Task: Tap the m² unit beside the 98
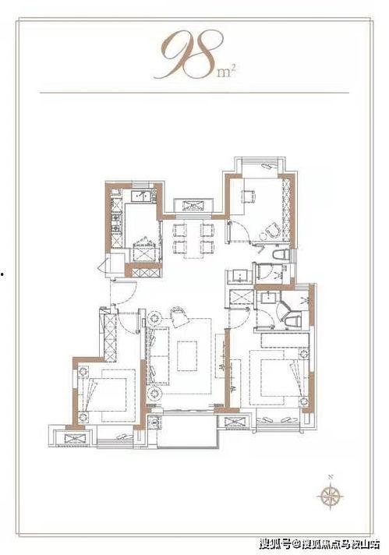pyautogui.click(x=227, y=71)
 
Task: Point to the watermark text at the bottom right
pyautogui.click(x=320, y=543)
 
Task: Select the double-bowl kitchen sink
pyautogui.click(x=140, y=196)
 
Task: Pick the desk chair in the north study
pyautogui.click(x=248, y=196)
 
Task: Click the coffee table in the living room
pyautogui.click(x=187, y=355)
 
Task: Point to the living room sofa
pyautogui.click(x=158, y=355)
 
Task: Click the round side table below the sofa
pyautogui.click(x=154, y=393)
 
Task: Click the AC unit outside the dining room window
pyautogui.click(x=193, y=206)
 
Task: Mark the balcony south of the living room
pyautogui.click(x=186, y=430)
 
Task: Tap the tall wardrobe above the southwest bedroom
pyautogui.click(x=110, y=338)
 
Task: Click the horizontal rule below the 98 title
pyautogui.click(x=194, y=93)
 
